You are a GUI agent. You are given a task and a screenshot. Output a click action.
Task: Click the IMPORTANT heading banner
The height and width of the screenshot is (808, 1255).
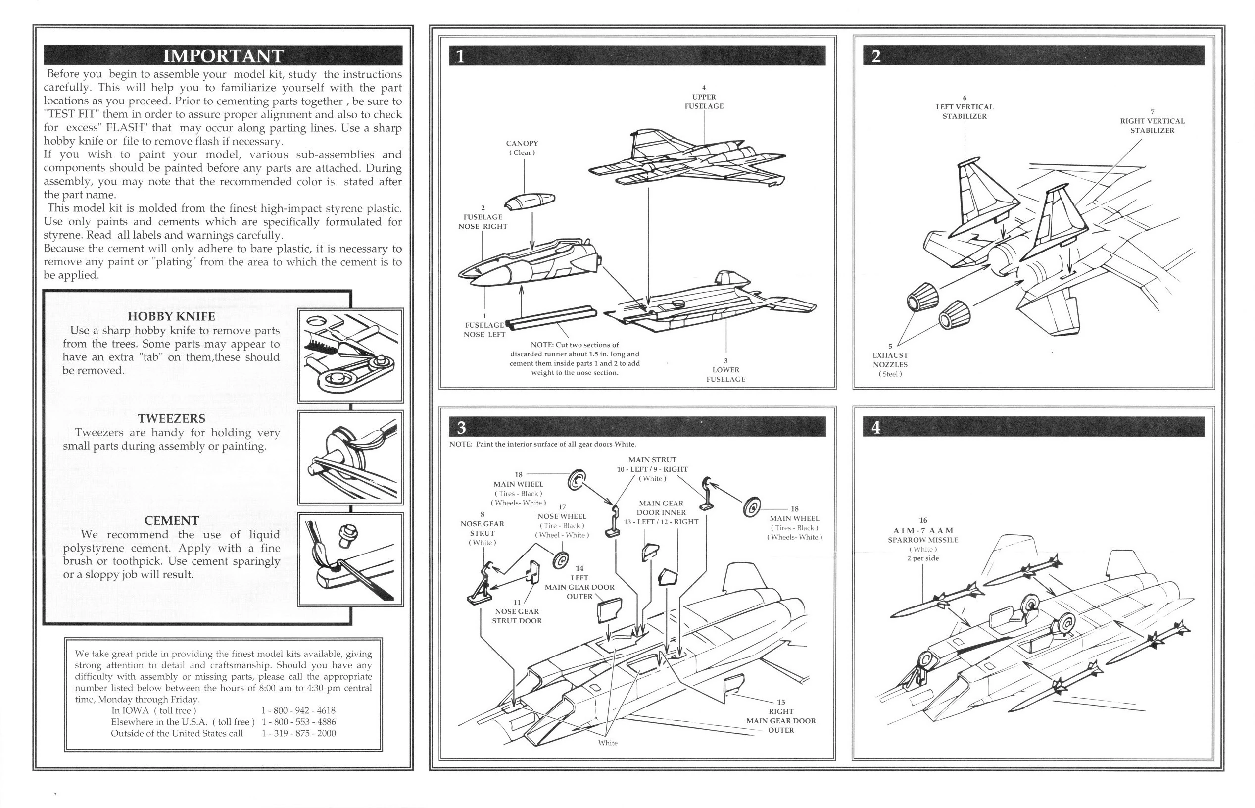point(223,55)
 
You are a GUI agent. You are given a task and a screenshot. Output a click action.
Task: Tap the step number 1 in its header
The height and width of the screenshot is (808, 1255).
point(460,56)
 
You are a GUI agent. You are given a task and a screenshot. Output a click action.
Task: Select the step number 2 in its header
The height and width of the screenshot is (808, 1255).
point(876,56)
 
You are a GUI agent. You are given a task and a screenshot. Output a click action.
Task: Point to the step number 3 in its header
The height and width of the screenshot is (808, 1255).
point(461,428)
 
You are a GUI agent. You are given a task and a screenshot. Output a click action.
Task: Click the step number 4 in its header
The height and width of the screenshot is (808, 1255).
point(876,428)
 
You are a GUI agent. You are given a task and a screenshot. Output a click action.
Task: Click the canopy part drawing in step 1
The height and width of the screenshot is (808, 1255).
point(530,201)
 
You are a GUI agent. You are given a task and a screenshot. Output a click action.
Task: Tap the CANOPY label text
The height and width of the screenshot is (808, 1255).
point(522,143)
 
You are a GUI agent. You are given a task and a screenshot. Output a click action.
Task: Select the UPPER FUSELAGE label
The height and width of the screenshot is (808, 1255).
point(704,101)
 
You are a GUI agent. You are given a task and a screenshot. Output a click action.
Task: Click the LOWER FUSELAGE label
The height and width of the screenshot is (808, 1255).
point(725,374)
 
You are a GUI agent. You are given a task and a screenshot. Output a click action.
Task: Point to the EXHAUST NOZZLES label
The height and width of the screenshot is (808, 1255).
point(890,360)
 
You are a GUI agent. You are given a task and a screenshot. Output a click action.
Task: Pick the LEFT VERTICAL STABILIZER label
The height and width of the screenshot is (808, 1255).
point(965,111)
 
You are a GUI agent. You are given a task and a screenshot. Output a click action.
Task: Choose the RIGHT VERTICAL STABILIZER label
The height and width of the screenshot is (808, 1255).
point(1152,125)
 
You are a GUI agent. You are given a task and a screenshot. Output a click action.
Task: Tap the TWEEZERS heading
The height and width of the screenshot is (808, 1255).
point(172,419)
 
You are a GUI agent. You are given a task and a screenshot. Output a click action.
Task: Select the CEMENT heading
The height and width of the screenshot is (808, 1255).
point(172,520)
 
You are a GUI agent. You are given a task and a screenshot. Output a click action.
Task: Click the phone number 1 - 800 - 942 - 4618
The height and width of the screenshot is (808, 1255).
point(298,710)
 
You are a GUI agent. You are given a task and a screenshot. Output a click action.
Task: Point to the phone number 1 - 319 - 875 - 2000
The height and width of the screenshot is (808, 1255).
point(298,733)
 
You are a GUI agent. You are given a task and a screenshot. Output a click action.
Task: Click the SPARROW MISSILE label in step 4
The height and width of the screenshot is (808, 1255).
point(923,540)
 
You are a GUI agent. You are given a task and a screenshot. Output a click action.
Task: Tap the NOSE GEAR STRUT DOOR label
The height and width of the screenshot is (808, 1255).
point(517,616)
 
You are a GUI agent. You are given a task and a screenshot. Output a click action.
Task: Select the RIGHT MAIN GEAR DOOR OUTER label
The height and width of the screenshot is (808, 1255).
point(781,720)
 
